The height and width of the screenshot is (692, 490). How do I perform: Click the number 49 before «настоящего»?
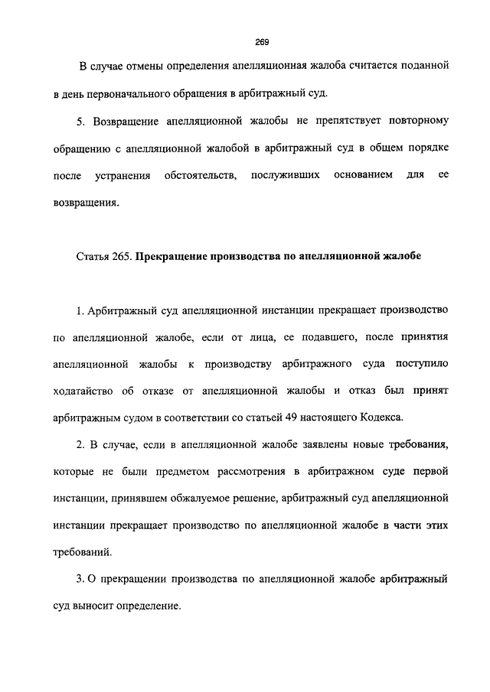pos(312,417)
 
